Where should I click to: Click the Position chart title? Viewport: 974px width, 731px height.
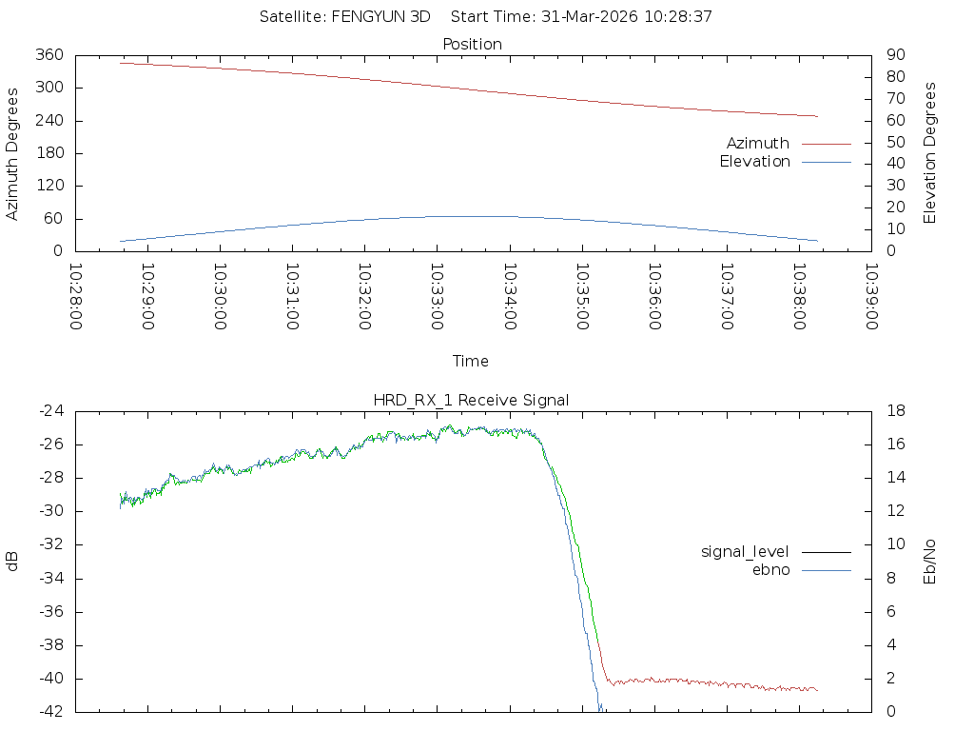tap(472, 44)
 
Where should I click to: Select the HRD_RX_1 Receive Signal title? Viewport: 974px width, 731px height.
tap(472, 400)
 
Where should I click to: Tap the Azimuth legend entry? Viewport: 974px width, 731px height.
tap(758, 143)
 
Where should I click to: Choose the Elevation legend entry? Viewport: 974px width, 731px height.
tap(754, 162)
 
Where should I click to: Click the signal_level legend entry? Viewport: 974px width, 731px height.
tap(745, 551)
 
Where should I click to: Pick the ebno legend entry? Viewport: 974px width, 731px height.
tap(770, 569)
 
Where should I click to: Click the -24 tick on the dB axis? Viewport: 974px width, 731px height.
tap(50, 411)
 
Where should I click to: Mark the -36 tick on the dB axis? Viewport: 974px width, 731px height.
tap(50, 612)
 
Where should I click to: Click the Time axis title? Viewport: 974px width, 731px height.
tap(471, 362)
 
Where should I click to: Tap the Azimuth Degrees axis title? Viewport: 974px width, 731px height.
tap(12, 153)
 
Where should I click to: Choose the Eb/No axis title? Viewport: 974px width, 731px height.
tap(931, 562)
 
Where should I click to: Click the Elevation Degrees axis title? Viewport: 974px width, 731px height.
tap(931, 153)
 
